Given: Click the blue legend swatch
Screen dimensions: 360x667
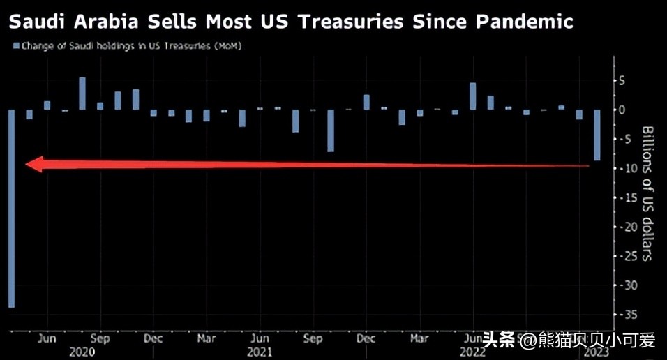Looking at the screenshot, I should coord(15,46).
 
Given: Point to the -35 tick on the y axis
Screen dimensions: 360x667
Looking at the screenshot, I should coord(626,314).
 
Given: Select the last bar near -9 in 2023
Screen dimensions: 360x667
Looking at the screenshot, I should coord(597,135).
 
